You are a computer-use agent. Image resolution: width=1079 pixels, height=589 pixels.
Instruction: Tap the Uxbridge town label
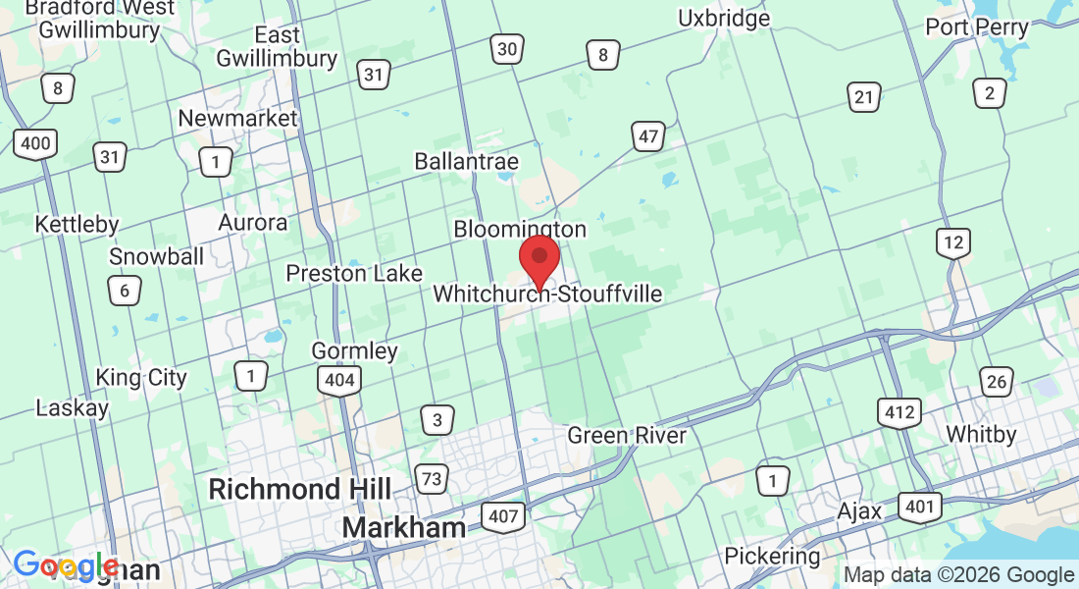pos(724,18)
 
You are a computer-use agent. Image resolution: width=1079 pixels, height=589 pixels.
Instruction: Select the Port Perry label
pos(977,27)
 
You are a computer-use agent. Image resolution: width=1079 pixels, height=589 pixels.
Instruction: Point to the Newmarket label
pos(237,118)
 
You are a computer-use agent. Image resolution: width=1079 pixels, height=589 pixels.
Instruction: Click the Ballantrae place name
pos(466,160)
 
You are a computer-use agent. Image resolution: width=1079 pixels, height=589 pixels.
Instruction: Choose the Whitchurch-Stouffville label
pos(547,294)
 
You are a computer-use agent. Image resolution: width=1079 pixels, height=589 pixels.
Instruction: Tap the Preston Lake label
pos(354,273)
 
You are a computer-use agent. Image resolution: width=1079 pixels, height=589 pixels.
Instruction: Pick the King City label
pos(141,377)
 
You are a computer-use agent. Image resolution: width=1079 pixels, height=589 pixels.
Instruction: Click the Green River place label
pos(627,434)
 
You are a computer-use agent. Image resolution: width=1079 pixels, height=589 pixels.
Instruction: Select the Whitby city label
pos(981,433)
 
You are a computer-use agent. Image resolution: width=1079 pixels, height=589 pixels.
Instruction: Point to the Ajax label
pos(860,510)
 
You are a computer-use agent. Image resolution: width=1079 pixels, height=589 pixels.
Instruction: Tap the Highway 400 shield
pos(35,144)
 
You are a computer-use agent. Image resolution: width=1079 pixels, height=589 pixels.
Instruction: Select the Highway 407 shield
pos(503,514)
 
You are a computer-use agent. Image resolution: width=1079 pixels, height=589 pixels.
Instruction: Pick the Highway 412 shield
pos(899,412)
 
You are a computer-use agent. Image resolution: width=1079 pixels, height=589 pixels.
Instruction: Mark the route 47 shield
pos(648,136)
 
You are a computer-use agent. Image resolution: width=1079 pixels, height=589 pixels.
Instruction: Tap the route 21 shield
pos(863,96)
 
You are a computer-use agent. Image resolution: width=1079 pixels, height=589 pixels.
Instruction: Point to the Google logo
pos(66,565)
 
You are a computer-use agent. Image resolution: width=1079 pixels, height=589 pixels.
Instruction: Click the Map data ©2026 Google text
pos(959,575)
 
